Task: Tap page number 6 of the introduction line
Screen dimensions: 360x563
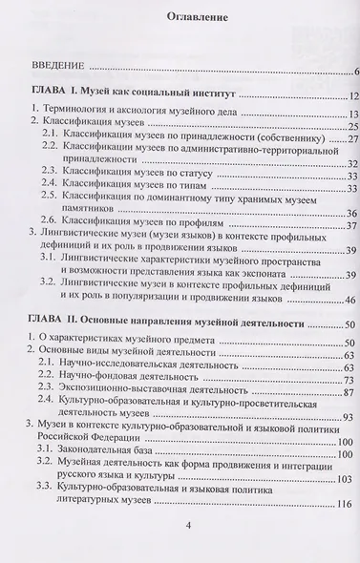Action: pyautogui.click(x=353, y=70)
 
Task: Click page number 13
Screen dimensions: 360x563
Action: pyautogui.click(x=350, y=113)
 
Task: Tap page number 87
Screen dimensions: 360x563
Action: pyautogui.click(x=350, y=393)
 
